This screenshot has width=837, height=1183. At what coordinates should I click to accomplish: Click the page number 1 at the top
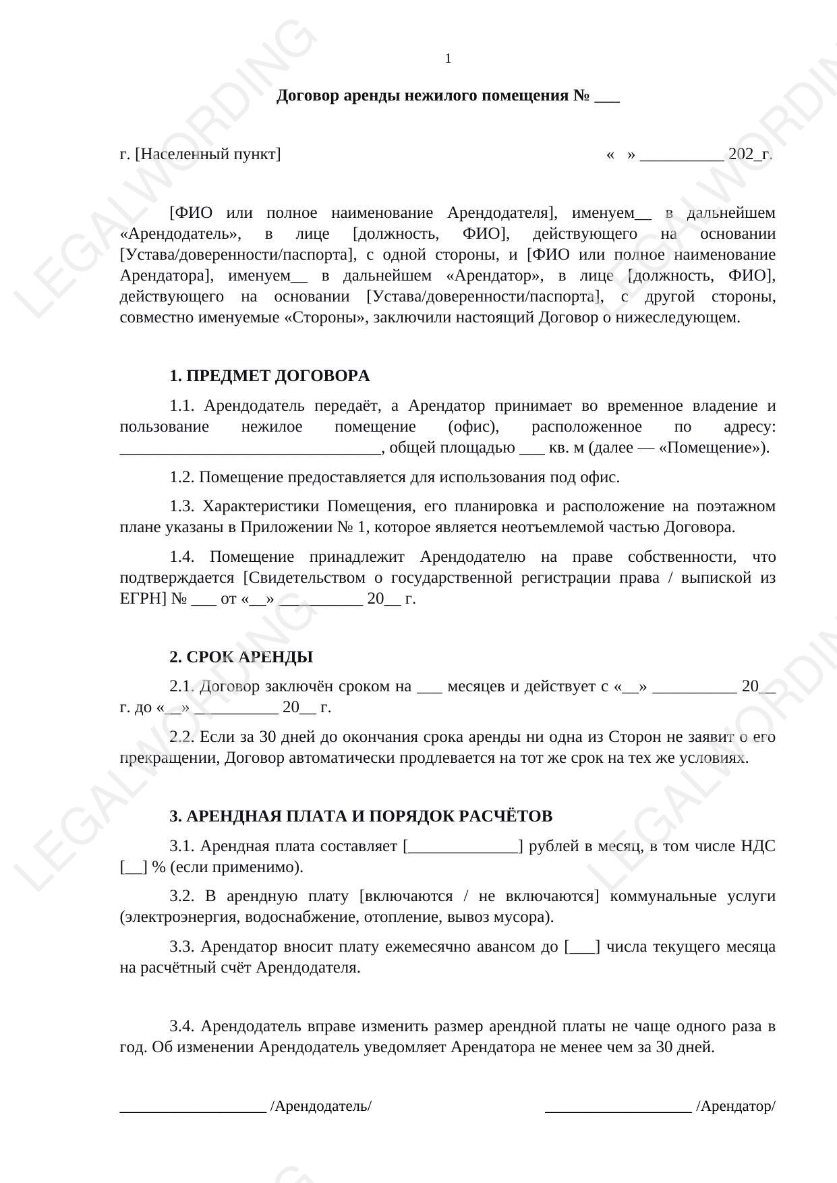click(x=448, y=59)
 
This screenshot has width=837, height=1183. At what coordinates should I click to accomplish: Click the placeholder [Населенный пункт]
click(x=208, y=154)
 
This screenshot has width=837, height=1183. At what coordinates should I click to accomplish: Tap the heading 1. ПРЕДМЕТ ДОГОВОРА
click(x=269, y=376)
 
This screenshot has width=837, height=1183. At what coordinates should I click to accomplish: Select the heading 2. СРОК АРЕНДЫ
click(x=241, y=657)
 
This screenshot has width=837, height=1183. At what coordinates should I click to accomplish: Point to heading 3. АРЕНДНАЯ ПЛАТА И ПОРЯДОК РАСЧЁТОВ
click(x=361, y=816)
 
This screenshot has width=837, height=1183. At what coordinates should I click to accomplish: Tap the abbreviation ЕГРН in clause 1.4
click(x=142, y=599)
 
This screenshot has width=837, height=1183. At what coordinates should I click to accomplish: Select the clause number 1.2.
click(x=182, y=478)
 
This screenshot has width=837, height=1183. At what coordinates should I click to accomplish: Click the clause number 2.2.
click(x=182, y=737)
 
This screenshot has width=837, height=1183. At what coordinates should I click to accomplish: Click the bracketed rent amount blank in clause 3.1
click(x=463, y=846)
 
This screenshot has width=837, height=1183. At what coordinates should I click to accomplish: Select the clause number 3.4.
click(x=182, y=1027)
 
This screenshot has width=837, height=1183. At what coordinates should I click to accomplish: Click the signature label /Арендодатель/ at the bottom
click(x=321, y=1107)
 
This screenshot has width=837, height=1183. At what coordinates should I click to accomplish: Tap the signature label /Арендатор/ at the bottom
click(x=736, y=1107)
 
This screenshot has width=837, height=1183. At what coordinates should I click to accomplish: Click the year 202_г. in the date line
click(x=750, y=154)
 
